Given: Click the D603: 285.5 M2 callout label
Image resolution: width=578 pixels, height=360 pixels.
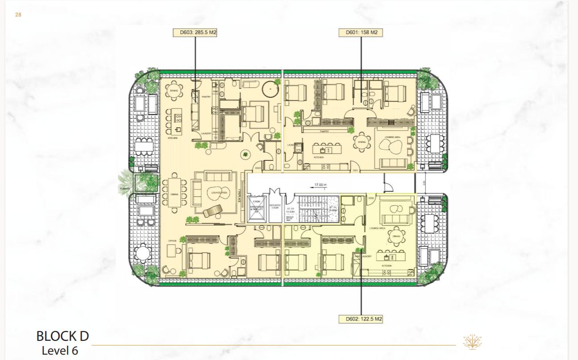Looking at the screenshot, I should pos(195,33).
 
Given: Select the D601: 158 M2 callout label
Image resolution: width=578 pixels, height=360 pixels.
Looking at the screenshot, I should pos(360,33).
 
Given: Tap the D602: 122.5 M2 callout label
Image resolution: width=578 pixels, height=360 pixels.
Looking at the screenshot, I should pos(360,319).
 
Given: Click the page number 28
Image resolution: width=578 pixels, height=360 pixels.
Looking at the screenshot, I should pos(18,15).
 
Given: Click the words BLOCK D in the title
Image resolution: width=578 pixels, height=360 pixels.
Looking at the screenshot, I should pos(62,336).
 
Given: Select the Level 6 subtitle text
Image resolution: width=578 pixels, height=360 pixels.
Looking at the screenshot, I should pos(60,351).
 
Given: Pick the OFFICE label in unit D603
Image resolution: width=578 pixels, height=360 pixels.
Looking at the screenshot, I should pos(172,241).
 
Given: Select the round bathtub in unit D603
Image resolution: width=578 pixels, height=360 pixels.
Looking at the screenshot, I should pos(270,89).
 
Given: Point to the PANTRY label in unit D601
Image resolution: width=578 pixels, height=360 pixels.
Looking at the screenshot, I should pos(324,131).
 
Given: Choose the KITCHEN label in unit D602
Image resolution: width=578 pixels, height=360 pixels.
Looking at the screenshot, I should pos(386,266).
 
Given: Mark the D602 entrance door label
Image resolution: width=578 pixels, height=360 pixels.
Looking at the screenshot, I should pos(371,198).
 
